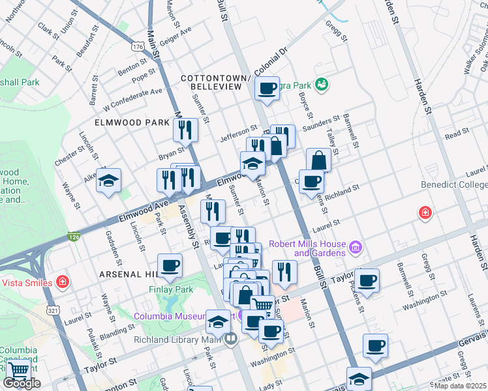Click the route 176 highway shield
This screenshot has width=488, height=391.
[138, 47]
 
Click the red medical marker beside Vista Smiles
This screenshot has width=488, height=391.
[62, 282]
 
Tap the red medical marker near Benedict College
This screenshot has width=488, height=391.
[425, 213]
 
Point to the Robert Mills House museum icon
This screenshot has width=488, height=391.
[355, 247]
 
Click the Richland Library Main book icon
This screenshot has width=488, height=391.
[230, 339]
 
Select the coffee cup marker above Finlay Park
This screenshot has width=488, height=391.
[170, 265]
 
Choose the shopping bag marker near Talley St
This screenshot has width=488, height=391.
[318, 160]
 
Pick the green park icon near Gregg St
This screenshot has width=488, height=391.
[321, 84]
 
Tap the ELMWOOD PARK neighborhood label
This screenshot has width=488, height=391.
[123, 122]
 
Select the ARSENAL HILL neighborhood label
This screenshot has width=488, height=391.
[127, 274]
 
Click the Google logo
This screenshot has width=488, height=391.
[22, 383]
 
